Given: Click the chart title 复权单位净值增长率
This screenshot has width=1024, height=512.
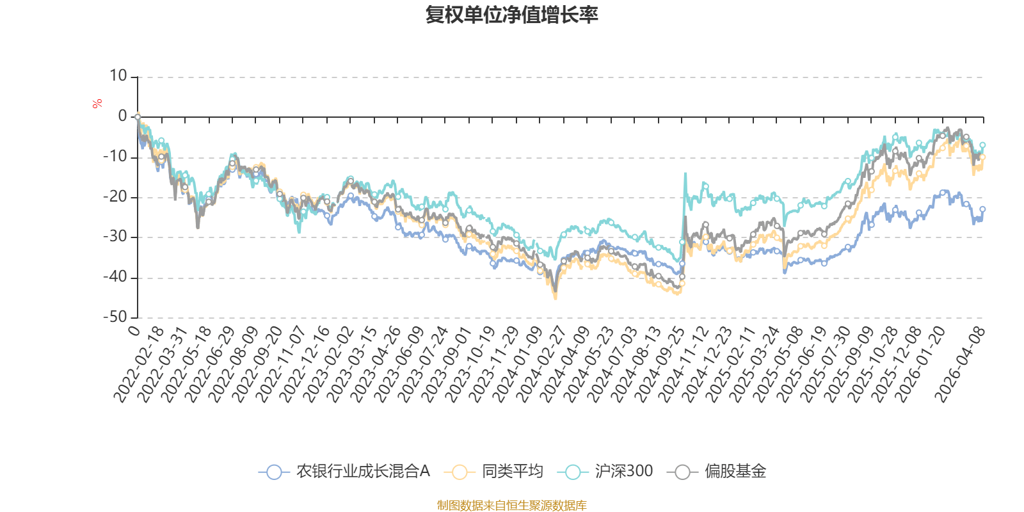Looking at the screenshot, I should (511, 15).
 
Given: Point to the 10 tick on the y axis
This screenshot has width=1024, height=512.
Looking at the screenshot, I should (118, 76).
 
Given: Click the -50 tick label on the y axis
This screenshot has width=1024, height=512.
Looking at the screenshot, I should (115, 317).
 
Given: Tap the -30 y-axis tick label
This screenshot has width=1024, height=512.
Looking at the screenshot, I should (115, 237).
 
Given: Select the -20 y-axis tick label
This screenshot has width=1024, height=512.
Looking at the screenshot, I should (115, 197).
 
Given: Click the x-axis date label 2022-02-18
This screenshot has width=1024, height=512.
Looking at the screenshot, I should (139, 365).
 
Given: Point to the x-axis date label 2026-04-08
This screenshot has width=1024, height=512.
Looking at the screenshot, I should (961, 365).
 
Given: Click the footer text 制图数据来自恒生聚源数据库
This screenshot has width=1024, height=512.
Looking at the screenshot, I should (511, 506).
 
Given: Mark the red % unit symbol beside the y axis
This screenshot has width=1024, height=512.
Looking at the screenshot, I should (97, 104).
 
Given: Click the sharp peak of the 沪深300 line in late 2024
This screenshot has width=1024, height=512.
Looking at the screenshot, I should (685, 173).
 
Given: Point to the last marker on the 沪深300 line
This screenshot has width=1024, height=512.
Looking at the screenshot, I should (982, 145).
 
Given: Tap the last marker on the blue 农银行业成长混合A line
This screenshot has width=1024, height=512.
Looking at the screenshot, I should (982, 209).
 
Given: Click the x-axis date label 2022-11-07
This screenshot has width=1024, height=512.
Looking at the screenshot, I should (282, 365).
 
